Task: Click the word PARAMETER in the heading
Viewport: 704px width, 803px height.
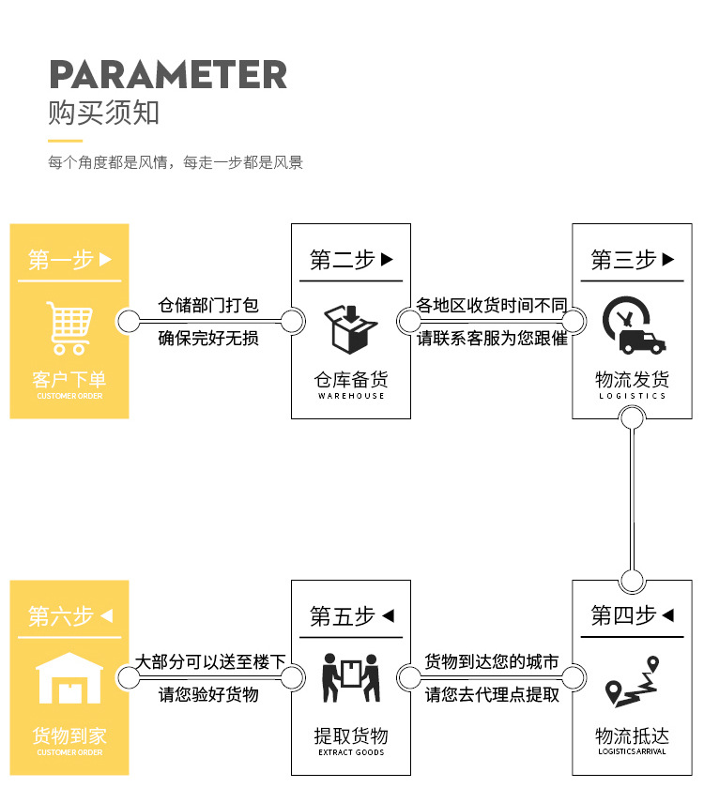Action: coord(168,74)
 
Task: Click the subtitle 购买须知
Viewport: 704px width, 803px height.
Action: coord(104,114)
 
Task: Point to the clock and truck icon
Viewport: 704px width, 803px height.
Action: coord(632,326)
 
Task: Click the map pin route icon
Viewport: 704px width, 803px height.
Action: coord(631,683)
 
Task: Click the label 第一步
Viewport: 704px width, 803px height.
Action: coord(61,260)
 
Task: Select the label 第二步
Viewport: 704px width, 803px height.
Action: coord(343,260)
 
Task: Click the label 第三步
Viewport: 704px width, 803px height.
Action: coord(623,260)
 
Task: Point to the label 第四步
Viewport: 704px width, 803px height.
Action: coord(623,616)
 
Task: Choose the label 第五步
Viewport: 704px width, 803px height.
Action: coord(343,616)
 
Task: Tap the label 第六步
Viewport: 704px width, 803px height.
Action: coord(61,616)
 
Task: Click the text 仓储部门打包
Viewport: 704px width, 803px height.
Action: coord(208,306)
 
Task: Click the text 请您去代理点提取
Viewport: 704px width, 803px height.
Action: coord(493,695)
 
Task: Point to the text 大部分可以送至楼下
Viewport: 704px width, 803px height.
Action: coord(210,662)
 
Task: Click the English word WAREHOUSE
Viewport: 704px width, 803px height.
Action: coord(351,396)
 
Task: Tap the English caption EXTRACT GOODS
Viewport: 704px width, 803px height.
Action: coord(351,752)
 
